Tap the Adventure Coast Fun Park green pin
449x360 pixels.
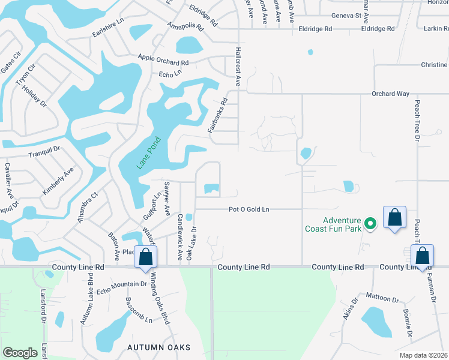pos(371,224)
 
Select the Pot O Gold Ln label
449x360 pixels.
pos(249,209)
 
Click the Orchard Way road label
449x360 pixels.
pos(390,94)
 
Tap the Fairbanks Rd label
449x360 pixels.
pos(217,115)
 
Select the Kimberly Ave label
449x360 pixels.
pos(58,180)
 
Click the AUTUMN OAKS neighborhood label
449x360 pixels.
pos(159,347)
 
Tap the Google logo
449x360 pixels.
pos(20,353)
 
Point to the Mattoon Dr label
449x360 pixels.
pos(382,299)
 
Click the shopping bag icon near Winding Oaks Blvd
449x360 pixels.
pos(145,257)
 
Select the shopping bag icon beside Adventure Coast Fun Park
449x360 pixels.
pos(395,217)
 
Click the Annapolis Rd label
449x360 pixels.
pos(184,29)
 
